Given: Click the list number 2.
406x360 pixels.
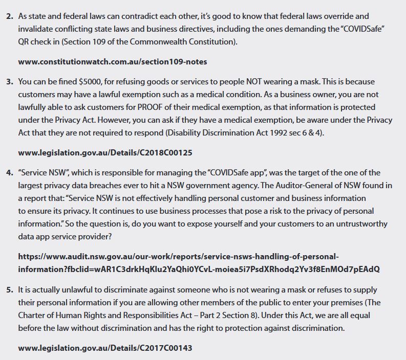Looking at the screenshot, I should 10,16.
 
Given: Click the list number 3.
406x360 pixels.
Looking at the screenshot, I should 10,82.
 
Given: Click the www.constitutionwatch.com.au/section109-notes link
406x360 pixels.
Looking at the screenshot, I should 112,61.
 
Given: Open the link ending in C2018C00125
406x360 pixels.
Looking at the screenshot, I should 105,152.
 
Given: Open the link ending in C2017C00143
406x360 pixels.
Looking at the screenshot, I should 105,348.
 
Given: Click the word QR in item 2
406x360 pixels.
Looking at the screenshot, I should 25,42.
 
